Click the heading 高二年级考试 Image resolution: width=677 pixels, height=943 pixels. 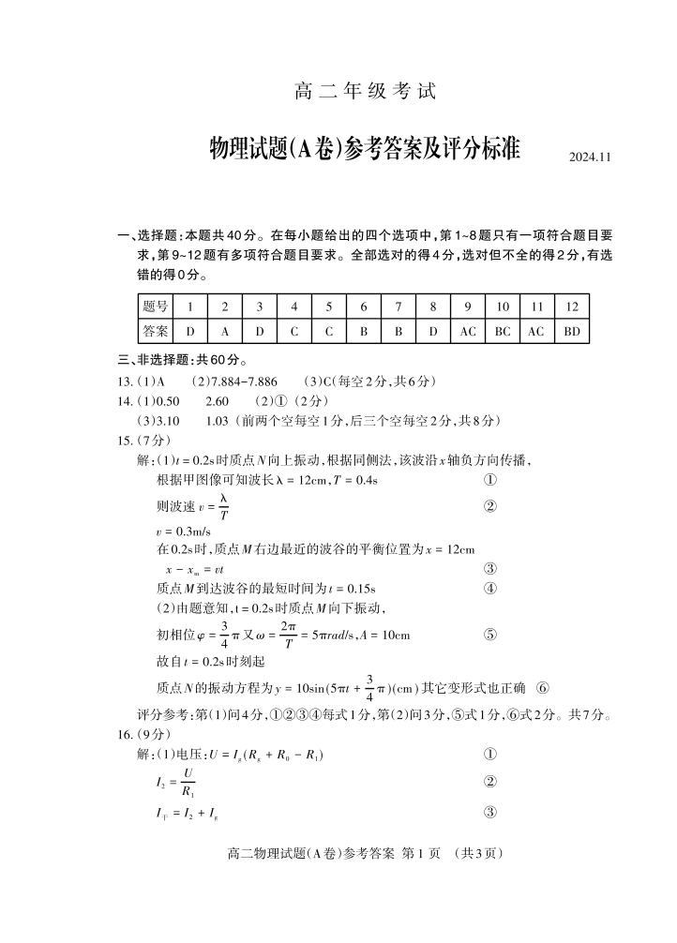pyautogui.click(x=366, y=92)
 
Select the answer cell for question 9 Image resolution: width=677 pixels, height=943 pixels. pyautogui.click(x=468, y=331)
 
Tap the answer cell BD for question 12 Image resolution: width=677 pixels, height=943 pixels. pyautogui.click(x=572, y=331)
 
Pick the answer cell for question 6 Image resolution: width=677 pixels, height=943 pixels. pyautogui.click(x=363, y=331)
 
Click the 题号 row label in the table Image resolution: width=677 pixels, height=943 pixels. pyautogui.click(x=156, y=307)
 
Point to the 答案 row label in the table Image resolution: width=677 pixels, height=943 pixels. pyautogui.click(x=156, y=331)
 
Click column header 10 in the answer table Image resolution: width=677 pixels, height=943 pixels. pyautogui.click(x=503, y=307)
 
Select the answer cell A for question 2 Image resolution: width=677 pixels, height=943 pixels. pyautogui.click(x=225, y=331)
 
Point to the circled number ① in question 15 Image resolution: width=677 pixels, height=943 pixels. pyautogui.click(x=489, y=480)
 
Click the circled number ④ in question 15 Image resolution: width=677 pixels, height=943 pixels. pyautogui.click(x=489, y=589)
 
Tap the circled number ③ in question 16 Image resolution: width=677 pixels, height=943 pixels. pyautogui.click(x=489, y=813)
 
